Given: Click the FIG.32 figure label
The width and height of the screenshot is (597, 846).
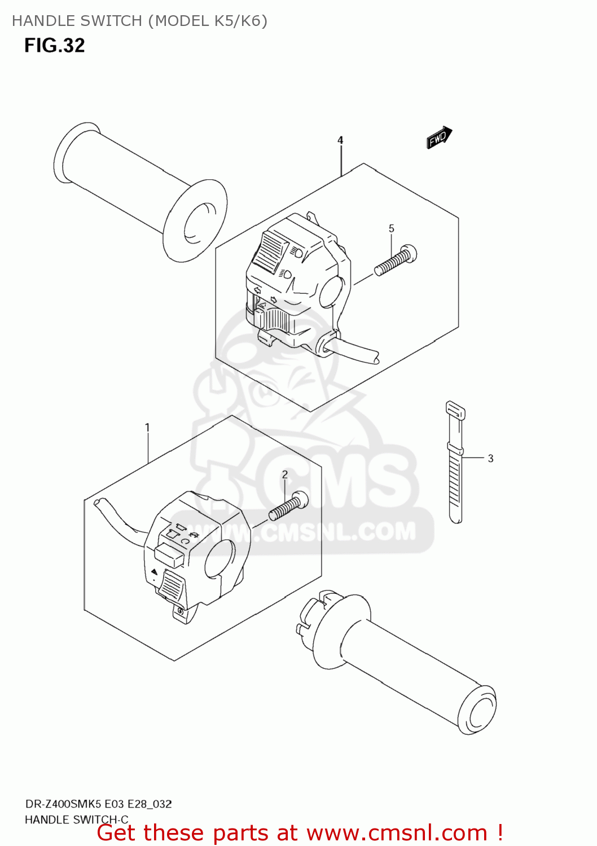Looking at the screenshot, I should coord(55,46).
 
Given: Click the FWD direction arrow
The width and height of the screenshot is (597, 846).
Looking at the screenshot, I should coord(438,138).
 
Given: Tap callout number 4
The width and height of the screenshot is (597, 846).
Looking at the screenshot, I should coord(340,140).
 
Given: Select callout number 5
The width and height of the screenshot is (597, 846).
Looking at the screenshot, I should coord(391,228).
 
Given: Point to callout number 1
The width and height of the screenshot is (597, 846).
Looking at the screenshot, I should coord(147,428).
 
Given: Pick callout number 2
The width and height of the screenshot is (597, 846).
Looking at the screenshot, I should coord(285,475).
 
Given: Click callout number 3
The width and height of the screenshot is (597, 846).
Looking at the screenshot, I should coord(490,459).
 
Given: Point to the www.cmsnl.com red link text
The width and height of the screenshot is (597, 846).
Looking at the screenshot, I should coord(397,834).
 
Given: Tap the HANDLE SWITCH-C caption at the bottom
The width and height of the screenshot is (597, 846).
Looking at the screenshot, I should coord(77,819).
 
